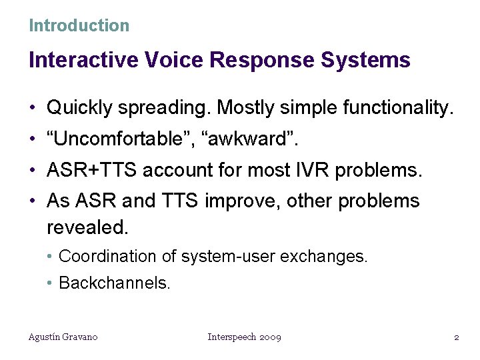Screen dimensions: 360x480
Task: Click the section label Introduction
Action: pyautogui.click(x=79, y=26)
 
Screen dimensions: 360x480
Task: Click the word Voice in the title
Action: pyautogui.click(x=172, y=61)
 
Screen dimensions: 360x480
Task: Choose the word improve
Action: pyautogui.click(x=239, y=201)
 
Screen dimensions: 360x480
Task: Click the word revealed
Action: pyautogui.click(x=87, y=227)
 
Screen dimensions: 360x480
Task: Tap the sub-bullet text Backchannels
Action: pyautogui.click(x=115, y=283)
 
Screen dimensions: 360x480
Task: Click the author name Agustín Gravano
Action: pyautogui.click(x=63, y=337)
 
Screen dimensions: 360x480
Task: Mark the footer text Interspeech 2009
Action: pyautogui.click(x=244, y=337)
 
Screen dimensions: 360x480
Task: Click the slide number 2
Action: pyautogui.click(x=456, y=337)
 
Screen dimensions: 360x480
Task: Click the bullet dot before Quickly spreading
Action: pyautogui.click(x=33, y=107)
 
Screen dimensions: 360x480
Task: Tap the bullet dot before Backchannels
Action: pyautogui.click(x=51, y=283)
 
